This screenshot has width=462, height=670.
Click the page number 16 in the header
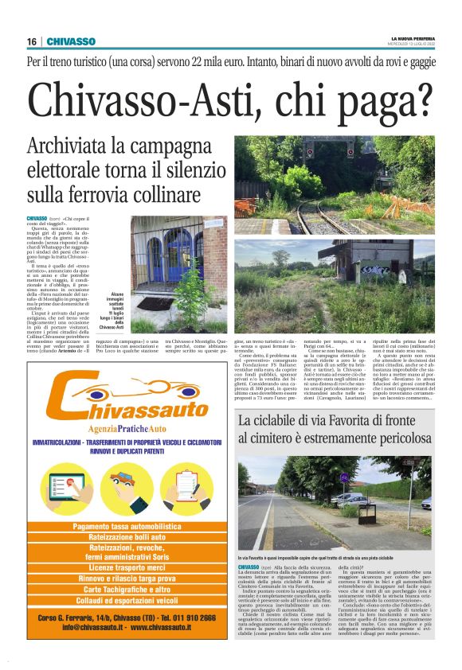[x=31, y=41]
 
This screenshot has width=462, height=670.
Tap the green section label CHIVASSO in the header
[x=71, y=41]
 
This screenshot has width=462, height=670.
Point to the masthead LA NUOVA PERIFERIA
[x=413, y=38]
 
